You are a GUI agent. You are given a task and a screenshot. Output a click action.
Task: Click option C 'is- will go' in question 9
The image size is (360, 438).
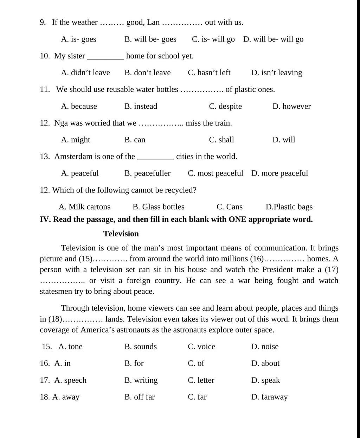pos(213,39)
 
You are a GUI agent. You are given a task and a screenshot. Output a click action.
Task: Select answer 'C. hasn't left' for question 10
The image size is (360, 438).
pos(209,72)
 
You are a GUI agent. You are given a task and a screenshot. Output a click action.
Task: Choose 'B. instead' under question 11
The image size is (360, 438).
pos(141,106)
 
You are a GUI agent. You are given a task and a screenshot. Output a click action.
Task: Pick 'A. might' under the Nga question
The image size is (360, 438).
pos(76,140)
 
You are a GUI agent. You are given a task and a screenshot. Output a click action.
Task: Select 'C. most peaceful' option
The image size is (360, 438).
pos(215,173)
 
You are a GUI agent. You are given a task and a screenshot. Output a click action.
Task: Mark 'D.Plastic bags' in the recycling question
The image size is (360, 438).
pos(289,207)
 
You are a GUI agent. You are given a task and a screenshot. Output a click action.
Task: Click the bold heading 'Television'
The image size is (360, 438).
pos(121,234)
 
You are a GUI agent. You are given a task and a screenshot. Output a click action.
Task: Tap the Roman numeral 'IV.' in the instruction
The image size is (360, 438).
pos(45,220)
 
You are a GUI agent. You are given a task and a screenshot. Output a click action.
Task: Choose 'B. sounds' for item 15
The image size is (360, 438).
pos(141,347)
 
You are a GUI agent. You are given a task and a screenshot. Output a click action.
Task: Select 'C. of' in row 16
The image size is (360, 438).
pos(196,363)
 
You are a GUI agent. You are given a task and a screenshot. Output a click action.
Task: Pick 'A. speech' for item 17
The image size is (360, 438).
pos(70,380)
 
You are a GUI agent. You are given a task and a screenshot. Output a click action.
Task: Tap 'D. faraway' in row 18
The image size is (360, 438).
pos(269,397)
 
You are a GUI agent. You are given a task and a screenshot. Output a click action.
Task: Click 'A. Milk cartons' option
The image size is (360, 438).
pos(84,207)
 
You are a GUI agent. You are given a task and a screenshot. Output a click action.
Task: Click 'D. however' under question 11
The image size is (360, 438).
pos(291,106)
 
